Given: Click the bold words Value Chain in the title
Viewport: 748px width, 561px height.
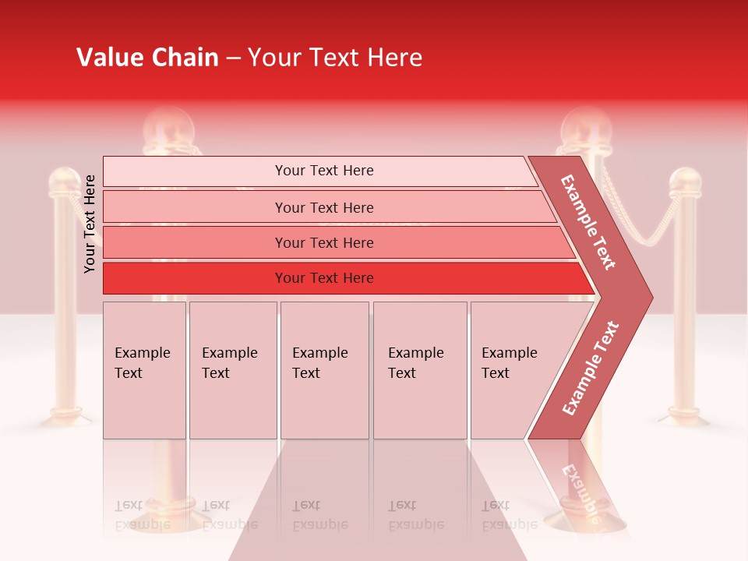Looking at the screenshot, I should [147, 58].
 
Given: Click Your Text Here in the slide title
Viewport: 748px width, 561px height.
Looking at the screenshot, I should [335, 58].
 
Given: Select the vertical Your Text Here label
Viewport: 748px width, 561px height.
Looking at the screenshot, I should [90, 224].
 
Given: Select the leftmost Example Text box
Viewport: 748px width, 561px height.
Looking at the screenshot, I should [144, 370].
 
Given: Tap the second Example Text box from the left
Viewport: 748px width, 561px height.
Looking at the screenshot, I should [232, 370].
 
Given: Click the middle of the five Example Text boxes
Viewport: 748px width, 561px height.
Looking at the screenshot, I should [324, 370].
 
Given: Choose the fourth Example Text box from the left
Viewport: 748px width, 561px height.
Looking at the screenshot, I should [420, 370].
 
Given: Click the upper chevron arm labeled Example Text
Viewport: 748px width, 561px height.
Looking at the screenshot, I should [588, 222].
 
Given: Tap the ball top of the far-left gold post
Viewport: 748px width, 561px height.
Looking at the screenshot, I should [65, 182].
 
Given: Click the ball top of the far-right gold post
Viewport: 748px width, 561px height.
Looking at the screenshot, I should [686, 181].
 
